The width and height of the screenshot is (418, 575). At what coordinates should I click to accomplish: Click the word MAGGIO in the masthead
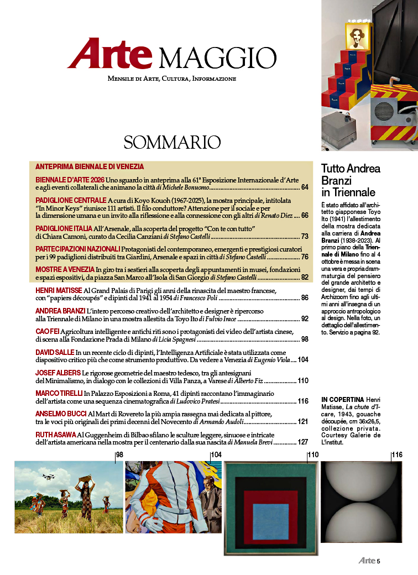click(x=217, y=56)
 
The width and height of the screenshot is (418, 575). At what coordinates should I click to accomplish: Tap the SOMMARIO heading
click(x=172, y=142)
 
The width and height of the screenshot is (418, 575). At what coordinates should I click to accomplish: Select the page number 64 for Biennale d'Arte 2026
click(x=305, y=188)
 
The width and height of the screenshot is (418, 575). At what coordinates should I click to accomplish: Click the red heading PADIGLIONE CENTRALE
click(x=71, y=200)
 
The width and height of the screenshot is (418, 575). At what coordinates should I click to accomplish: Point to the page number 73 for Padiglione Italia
click(x=305, y=237)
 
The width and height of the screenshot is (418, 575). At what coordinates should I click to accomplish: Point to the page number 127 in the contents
click(x=302, y=442)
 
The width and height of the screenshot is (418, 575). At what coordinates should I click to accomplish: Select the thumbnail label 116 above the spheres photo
click(x=397, y=455)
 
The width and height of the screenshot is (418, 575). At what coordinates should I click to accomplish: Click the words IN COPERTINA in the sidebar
click(x=341, y=399)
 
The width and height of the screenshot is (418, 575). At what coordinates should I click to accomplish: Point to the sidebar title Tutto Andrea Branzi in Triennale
click(x=351, y=180)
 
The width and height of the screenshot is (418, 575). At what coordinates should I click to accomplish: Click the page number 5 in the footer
click(x=378, y=561)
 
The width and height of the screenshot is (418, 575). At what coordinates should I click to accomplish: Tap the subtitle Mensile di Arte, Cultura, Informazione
click(x=172, y=79)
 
